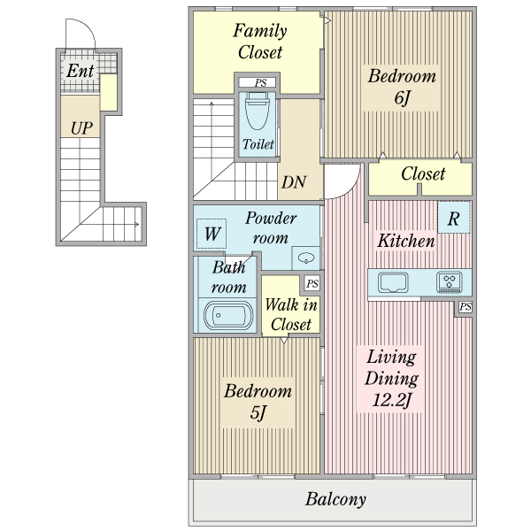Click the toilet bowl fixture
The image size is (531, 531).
click(257, 111)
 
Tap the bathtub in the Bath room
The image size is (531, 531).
click(228, 316)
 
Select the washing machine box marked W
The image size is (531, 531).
click(212, 234)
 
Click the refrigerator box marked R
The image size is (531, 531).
click(454, 218)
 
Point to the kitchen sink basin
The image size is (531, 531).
click(393, 281)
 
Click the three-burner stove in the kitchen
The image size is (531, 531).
click(449, 281)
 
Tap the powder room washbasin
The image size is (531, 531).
click(306, 258)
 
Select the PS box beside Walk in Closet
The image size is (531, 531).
click(312, 283)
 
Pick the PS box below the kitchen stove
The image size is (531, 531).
click(465, 307)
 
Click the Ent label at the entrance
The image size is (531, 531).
click(81, 71)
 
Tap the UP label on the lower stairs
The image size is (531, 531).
click(81, 128)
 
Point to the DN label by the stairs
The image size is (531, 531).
click(294, 182)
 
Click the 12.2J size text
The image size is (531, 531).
click(392, 400)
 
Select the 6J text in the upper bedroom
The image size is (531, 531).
click(402, 98)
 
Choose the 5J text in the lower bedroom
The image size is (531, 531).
click(258, 412)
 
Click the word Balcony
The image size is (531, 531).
click(335, 499)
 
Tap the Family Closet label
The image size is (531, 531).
click(260, 42)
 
